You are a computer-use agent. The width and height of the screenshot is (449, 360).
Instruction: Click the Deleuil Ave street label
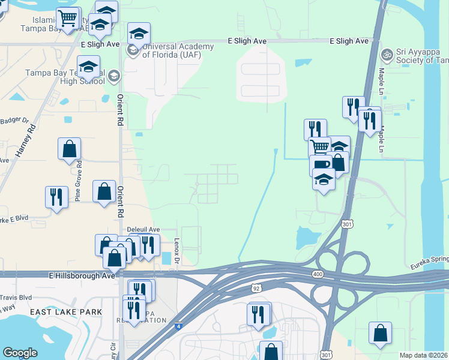point(143,229)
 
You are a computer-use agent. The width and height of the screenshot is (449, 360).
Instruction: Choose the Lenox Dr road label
point(177,251)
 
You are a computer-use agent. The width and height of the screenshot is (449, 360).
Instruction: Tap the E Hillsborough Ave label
point(82,275)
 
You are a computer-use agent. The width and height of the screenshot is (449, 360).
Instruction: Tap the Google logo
point(20,353)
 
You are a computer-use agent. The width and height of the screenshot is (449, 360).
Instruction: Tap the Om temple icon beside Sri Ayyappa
point(387,55)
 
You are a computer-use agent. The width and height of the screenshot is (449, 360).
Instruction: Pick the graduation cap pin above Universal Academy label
point(139,34)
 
